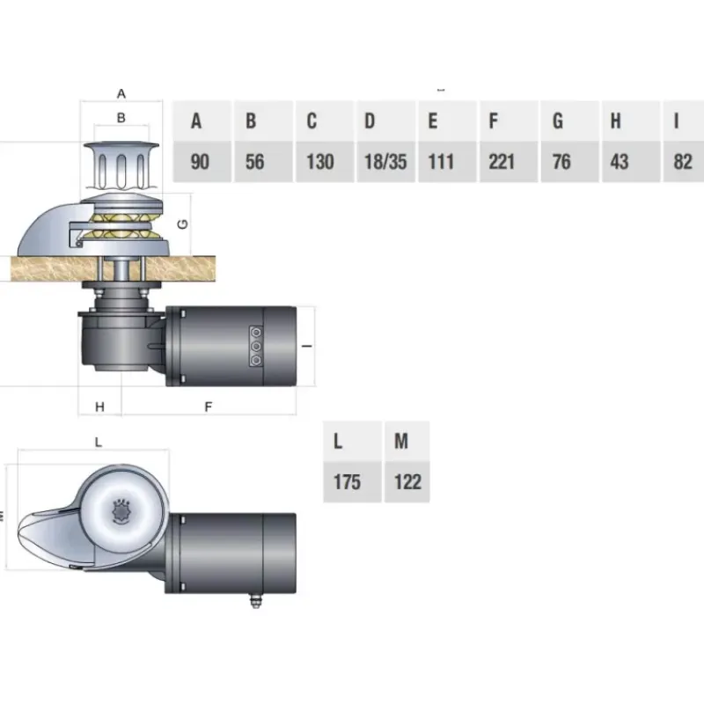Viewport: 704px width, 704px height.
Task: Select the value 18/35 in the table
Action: tap(385, 162)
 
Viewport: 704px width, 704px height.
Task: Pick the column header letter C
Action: tap(312, 121)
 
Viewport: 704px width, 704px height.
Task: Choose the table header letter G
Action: tap(558, 121)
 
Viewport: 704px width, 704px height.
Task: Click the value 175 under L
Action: tap(347, 481)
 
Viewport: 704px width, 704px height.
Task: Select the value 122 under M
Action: tap(407, 481)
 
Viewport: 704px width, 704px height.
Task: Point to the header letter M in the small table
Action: tap(401, 441)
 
